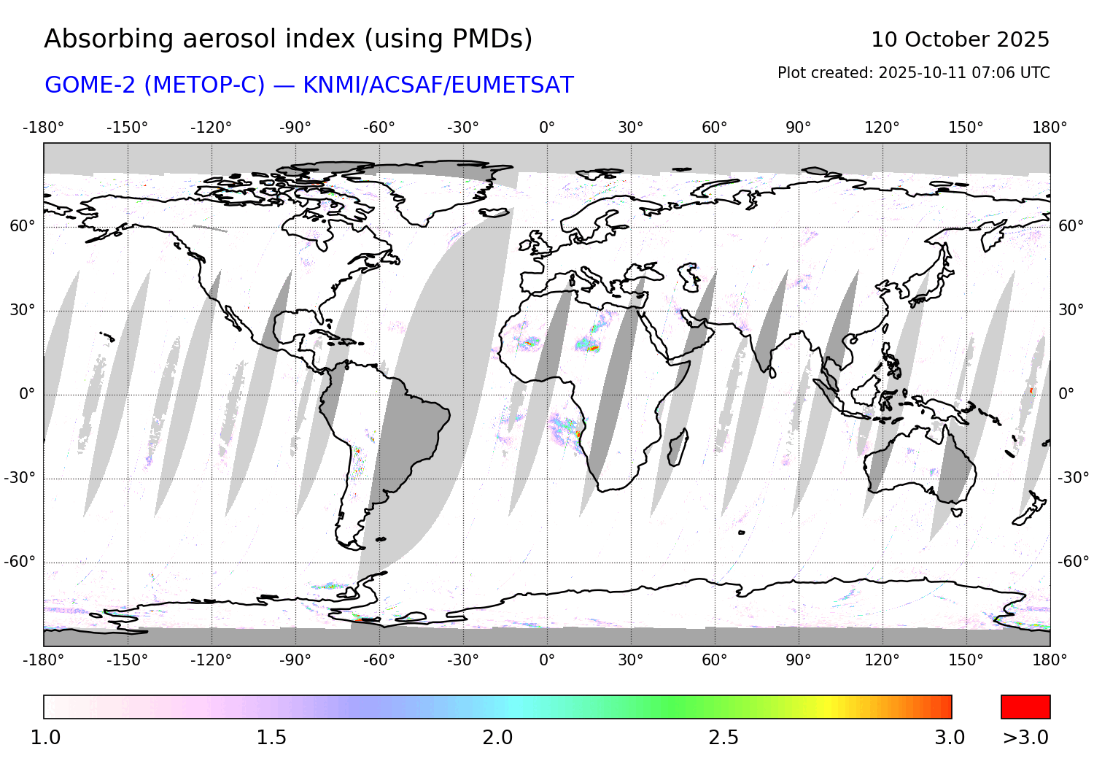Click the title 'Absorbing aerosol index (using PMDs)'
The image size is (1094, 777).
pos(288,39)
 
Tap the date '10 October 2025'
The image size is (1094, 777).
pos(960,39)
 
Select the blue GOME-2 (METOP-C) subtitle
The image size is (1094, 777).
pos(309,85)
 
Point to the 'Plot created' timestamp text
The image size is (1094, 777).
pos(913,73)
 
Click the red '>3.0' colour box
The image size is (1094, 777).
pos(1025,707)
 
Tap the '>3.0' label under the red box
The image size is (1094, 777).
pos(1025,738)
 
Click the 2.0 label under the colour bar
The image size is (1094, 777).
pos(497,738)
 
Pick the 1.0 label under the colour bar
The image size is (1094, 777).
pos(45,738)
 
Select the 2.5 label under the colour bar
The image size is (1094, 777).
pos(723,738)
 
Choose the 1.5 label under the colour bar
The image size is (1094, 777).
pos(271,738)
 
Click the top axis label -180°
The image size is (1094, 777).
pos(44,128)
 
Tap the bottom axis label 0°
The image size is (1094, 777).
pos(547,660)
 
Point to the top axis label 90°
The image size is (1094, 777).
pos(799,128)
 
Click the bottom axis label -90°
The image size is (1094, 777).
pos(295,660)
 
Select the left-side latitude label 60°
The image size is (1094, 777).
pos(22,226)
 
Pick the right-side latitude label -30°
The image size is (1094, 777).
pos(1074,478)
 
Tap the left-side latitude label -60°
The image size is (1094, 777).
pos(20,562)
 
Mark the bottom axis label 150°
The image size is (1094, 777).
pos(966,660)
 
